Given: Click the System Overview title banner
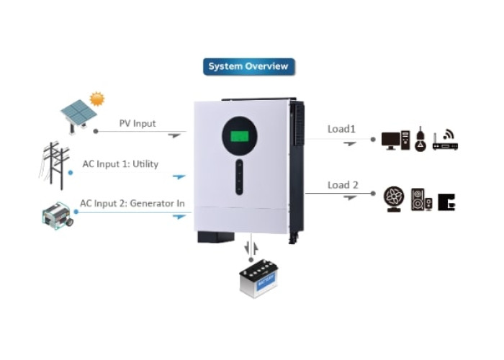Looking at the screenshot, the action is [x=249, y=66].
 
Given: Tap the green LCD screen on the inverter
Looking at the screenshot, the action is [x=240, y=136].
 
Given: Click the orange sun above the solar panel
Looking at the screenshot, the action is [x=97, y=99].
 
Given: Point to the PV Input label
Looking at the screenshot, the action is [x=138, y=123].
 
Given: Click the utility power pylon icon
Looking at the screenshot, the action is [x=54, y=165].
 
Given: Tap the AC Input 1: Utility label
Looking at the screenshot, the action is [x=120, y=164].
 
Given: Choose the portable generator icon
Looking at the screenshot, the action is [x=58, y=215].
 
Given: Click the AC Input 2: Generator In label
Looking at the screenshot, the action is [x=132, y=204].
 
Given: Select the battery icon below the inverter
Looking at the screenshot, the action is [x=258, y=279].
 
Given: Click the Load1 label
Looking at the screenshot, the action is [x=341, y=129].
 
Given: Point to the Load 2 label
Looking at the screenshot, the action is [x=343, y=185].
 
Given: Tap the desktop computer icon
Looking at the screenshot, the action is [x=396, y=140].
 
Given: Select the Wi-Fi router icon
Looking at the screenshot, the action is [x=445, y=140].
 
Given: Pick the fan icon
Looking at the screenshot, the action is [x=394, y=199].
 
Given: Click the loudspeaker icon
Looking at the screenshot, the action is [x=421, y=200].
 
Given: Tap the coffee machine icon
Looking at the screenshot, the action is [x=446, y=202].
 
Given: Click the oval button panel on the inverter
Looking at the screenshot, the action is [x=239, y=177].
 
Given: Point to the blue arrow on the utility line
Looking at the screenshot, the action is [x=179, y=176].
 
